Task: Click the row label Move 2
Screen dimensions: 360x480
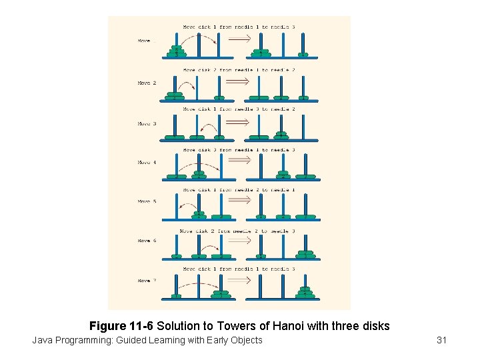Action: tap(147, 83)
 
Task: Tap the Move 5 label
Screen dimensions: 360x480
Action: tap(147, 201)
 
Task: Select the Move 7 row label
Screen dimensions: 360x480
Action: tap(147, 281)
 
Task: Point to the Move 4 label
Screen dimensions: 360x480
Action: tap(147, 162)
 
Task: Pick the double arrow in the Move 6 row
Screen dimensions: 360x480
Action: tap(238, 241)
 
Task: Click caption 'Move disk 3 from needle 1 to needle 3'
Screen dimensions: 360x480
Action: tap(239, 150)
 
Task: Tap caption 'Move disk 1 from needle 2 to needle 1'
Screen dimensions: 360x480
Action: tap(239, 190)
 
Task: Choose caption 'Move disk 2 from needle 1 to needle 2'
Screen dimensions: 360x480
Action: tap(239, 70)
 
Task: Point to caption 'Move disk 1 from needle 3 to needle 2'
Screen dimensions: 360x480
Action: tap(239, 109)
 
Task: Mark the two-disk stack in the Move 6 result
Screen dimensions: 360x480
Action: tap(305, 253)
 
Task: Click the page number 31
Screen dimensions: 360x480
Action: tap(441, 341)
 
